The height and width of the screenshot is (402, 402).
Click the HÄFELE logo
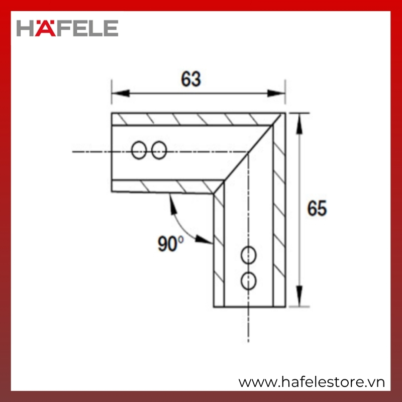pos(67,28)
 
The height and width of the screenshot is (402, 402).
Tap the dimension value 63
pos(191,79)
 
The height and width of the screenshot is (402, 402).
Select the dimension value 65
pos(317,208)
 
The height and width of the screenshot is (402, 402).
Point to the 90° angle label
pos(170,243)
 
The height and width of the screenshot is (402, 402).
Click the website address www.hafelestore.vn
pos(312,382)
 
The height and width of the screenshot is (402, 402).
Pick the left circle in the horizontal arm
pos(139,150)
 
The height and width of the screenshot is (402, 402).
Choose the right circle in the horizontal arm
pos(159,150)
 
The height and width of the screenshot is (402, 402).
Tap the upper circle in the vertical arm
pos(248,255)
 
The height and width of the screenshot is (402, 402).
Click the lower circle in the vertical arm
pos(248,281)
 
